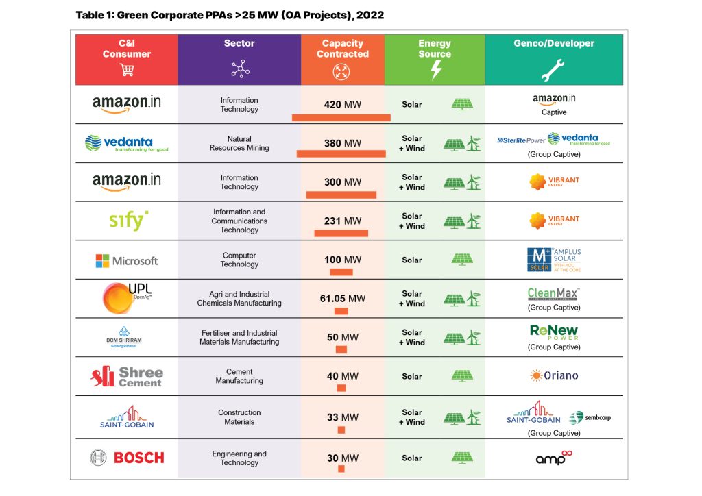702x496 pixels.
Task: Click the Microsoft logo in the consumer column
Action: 126,261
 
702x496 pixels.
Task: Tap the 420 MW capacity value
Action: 342,105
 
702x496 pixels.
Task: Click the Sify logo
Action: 129,221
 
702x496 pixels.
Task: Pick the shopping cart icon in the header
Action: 126,69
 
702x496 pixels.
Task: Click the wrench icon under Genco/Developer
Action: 553,70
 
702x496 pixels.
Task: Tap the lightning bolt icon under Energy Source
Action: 435,70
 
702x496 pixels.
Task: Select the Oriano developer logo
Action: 554,375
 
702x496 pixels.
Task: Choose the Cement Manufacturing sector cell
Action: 239,376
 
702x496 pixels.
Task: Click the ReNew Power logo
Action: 554,332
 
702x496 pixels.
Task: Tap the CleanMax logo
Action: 554,295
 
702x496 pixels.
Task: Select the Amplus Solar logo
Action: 554,260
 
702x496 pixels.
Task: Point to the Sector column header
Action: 239,44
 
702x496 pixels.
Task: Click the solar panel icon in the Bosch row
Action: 462,458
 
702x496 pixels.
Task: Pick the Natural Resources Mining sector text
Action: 239,143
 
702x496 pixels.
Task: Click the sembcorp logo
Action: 585,418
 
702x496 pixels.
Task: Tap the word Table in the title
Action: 89,14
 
